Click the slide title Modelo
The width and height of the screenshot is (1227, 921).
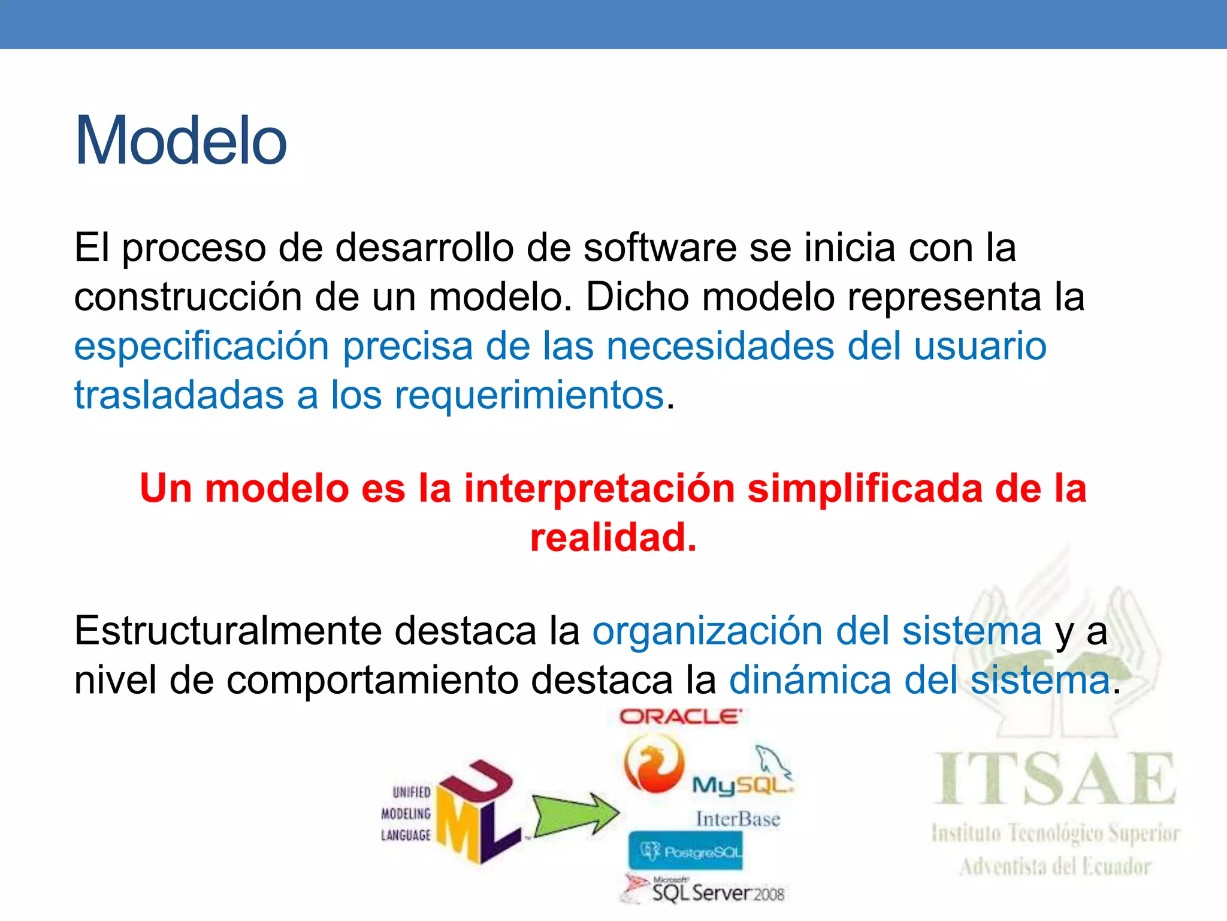pos(180,142)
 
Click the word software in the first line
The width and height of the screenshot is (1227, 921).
pos(660,248)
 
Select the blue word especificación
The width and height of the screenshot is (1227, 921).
pos(201,347)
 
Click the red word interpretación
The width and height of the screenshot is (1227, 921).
pos(599,488)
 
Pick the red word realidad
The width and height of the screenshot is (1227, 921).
pos(613,537)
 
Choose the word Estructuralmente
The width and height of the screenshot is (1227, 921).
pos(227,631)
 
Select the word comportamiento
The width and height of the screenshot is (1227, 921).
pos(372,681)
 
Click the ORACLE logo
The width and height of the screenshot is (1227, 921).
pos(681,717)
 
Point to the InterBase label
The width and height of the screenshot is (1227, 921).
pos(738,819)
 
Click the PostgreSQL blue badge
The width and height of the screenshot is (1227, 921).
pos(685,851)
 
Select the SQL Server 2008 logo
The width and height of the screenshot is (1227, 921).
pos(707,890)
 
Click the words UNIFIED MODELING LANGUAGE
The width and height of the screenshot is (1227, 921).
pos(406,814)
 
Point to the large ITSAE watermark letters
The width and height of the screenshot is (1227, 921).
pos(1055,779)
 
